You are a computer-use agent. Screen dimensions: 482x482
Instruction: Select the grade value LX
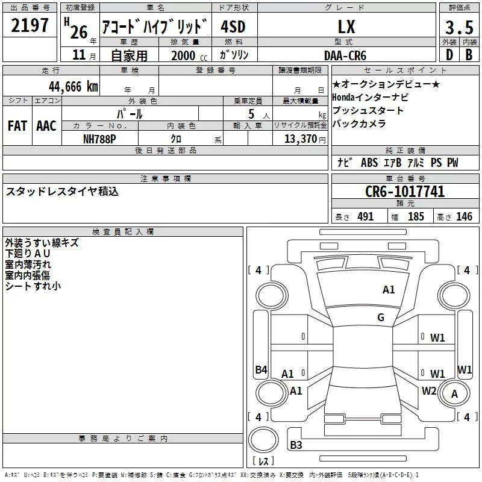click(x=346, y=27)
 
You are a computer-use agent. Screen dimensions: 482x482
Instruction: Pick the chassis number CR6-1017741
click(x=405, y=192)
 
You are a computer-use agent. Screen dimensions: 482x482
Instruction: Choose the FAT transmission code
click(x=17, y=126)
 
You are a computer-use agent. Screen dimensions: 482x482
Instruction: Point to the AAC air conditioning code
click(x=46, y=126)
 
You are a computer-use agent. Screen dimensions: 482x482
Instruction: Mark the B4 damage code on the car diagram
click(x=261, y=370)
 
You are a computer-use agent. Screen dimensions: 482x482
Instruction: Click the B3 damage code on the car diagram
click(x=296, y=445)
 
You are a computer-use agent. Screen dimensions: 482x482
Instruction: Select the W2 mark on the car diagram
click(x=429, y=390)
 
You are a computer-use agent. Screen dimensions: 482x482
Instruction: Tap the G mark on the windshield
click(x=381, y=318)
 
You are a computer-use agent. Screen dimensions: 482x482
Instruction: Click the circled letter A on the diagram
click(x=455, y=395)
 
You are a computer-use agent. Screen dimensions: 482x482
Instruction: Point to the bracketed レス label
click(x=263, y=462)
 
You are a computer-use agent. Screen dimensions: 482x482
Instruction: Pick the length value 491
click(x=366, y=217)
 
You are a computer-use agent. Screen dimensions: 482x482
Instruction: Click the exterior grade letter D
click(x=449, y=55)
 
